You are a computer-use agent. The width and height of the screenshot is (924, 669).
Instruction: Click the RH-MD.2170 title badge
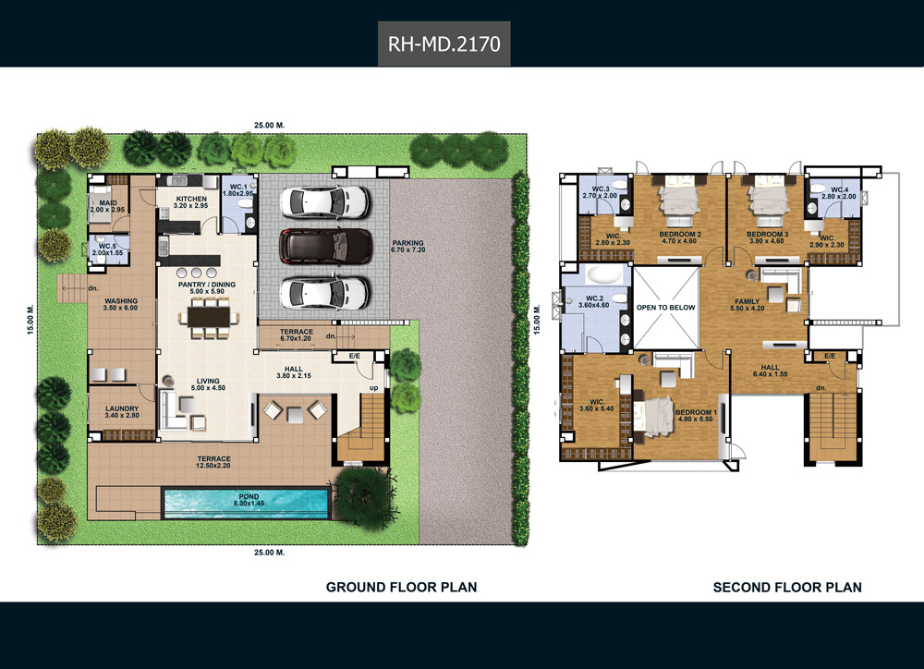click(x=444, y=43)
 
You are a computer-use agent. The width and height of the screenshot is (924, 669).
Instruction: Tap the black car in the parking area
click(x=325, y=246)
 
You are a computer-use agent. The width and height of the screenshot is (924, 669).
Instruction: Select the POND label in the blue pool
click(x=249, y=496)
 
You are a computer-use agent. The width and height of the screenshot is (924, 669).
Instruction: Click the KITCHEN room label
click(x=191, y=199)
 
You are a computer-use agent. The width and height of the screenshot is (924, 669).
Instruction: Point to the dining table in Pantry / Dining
click(x=209, y=318)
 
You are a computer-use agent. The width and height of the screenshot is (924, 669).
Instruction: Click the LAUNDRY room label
click(x=122, y=408)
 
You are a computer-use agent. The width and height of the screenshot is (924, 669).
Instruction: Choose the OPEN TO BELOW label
click(x=665, y=307)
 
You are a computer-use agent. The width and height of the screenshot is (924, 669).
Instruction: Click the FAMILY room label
click(x=747, y=301)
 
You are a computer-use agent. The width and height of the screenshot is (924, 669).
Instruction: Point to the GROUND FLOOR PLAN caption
click(x=401, y=587)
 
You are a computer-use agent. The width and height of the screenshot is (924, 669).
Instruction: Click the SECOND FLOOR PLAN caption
click(x=787, y=587)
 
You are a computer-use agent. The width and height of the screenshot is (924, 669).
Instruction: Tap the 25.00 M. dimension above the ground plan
click(x=269, y=125)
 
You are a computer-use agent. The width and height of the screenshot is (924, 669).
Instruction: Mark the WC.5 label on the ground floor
click(x=107, y=247)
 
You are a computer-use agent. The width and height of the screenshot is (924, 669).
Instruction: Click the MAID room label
click(x=108, y=202)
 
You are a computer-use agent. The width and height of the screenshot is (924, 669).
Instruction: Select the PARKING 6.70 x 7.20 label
click(x=407, y=247)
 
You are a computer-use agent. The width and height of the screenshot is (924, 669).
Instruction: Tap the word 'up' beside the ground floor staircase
click(x=373, y=388)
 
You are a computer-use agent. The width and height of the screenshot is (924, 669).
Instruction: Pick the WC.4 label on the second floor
click(x=839, y=189)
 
